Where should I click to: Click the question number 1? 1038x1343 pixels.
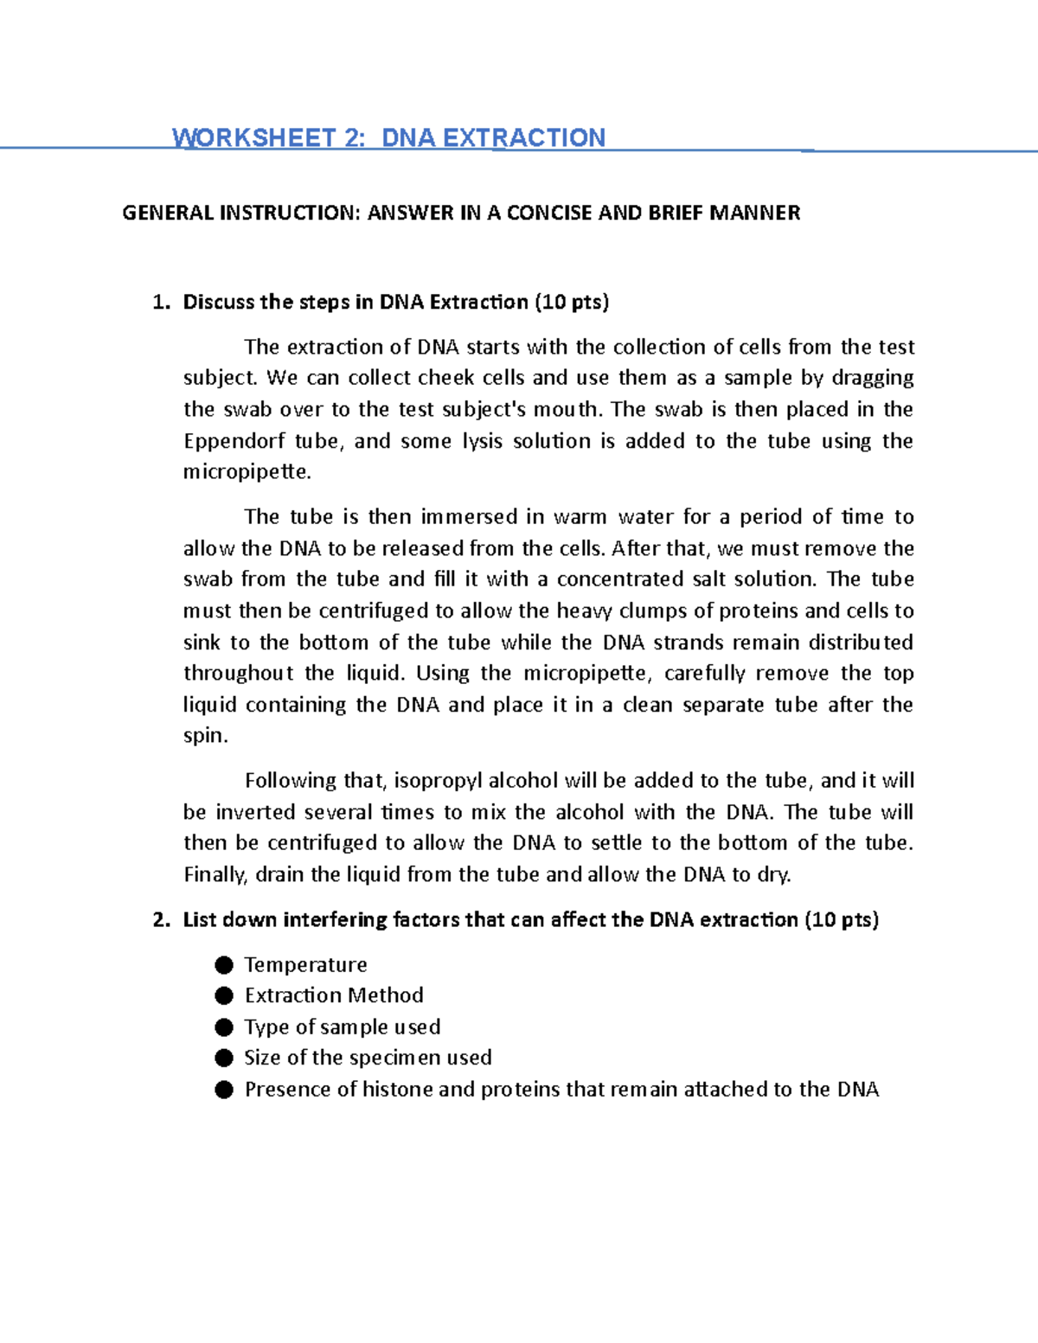(159, 303)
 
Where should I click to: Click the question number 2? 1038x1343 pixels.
(159, 920)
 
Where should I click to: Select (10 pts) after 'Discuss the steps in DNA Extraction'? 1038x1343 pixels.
(572, 303)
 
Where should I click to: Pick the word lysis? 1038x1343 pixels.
(482, 442)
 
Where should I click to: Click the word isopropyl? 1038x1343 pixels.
(438, 781)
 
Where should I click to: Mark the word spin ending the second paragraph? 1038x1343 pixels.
(204, 736)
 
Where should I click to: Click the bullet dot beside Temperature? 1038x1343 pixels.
(224, 965)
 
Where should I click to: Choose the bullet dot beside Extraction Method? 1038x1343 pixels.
(224, 996)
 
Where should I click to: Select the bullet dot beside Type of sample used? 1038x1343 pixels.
(224, 1027)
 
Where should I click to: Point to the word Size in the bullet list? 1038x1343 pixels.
(262, 1058)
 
